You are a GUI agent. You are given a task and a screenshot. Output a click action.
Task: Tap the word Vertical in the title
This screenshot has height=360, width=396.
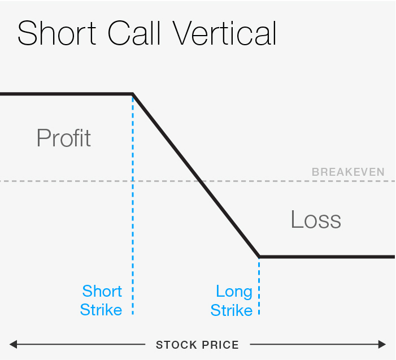click(224, 33)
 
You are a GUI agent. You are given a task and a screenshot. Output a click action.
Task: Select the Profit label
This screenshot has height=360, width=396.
click(63, 138)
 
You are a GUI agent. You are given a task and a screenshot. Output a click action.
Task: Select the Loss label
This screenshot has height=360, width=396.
click(316, 219)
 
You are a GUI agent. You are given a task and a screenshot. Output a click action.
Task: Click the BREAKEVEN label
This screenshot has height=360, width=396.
click(348, 172)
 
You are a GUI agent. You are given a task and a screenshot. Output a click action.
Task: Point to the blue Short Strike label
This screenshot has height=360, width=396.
click(101, 301)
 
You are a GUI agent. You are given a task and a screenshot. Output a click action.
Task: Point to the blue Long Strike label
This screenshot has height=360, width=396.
click(232, 301)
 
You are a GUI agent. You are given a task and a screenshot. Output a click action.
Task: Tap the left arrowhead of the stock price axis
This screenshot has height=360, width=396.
click(12, 344)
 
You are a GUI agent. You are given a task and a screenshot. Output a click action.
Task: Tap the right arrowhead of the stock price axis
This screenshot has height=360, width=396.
click(383, 344)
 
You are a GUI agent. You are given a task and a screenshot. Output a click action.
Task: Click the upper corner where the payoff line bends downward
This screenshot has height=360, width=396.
click(132, 94)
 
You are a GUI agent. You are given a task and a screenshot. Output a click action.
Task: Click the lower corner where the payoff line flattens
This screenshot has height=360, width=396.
click(259, 257)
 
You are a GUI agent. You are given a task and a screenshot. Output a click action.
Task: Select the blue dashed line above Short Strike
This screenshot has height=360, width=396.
click(133, 226)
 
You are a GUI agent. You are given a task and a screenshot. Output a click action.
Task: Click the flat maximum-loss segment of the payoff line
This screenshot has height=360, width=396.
click(328, 257)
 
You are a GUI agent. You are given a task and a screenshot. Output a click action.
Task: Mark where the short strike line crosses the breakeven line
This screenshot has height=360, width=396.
click(133, 181)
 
